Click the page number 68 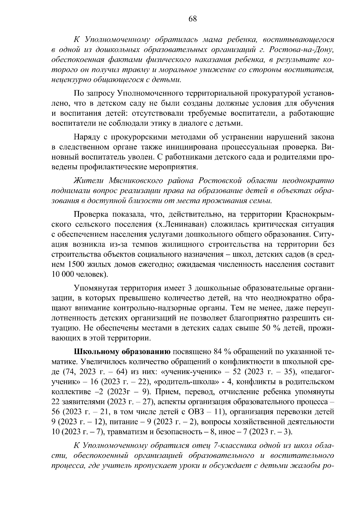tap(192, 19)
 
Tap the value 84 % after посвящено tap(223, 352)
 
